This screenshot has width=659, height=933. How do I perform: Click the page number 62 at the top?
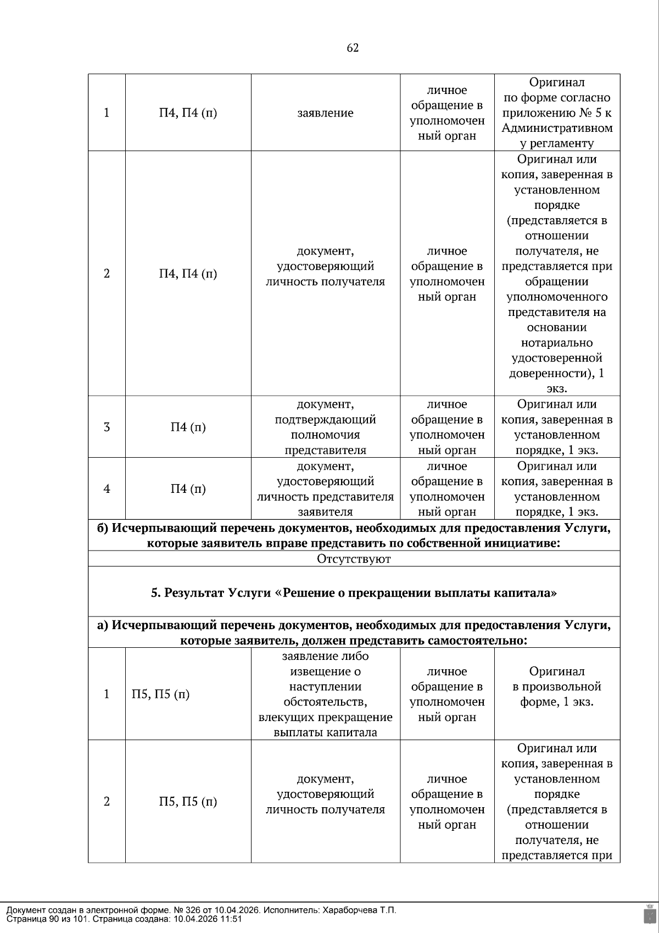353,48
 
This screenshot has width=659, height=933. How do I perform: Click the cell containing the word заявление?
325,113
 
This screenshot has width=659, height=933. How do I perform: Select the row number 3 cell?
107,427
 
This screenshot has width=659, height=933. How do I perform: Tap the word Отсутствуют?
354,559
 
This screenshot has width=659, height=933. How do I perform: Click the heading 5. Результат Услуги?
354,593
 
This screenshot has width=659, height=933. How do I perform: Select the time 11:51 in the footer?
231,919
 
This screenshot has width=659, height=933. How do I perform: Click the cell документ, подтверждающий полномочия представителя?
325,427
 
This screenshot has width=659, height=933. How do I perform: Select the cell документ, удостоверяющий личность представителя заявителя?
325,488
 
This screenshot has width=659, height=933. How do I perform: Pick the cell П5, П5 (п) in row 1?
160,694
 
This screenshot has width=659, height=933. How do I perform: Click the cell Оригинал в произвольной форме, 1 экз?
557,686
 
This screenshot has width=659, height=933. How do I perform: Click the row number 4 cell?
107,488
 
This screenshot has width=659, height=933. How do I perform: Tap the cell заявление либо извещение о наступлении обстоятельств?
325,694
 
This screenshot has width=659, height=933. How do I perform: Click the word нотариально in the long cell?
557,343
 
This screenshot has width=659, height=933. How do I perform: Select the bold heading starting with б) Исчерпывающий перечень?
354,535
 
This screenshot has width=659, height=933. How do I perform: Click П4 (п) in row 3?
188,427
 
